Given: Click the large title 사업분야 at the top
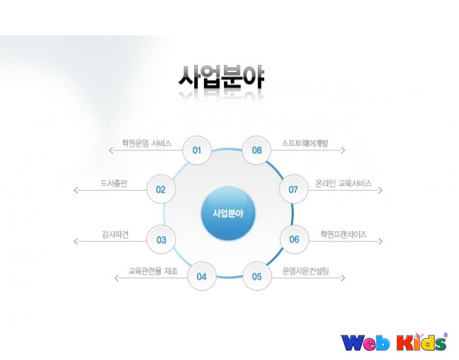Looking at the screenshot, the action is [222, 77].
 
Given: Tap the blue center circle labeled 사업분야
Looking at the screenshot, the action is [228, 214].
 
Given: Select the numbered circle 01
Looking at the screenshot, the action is [197, 150].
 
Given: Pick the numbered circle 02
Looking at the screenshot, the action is [161, 189].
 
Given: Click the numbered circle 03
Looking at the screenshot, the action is [161, 240].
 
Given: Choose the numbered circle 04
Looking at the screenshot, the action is [202, 276].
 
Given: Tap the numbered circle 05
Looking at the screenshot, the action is [257, 276].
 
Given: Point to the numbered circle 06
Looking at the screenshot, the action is [294, 239].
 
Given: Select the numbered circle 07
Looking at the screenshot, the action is [294, 189].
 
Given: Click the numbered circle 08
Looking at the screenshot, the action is [257, 150].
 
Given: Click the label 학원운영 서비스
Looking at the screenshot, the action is [147, 143].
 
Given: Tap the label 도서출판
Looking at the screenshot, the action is [114, 184].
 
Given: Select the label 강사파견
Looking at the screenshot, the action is [115, 234].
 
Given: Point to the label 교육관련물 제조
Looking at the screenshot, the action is [153, 271].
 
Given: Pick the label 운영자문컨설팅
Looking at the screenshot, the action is [306, 271].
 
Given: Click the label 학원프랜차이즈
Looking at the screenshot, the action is [344, 234].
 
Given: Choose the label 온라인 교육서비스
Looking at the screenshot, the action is [343, 184].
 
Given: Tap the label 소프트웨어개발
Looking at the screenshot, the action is [305, 143].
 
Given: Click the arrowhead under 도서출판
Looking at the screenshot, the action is [76, 191].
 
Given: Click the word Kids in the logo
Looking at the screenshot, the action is [422, 342].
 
